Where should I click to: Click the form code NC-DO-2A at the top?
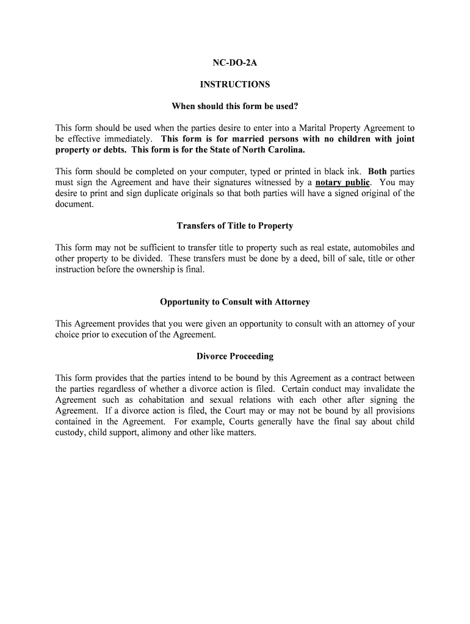235,63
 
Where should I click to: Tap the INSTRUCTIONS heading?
235,85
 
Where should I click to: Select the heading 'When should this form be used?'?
235,107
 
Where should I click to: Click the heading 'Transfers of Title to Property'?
235,226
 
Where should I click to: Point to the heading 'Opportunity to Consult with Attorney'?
235,302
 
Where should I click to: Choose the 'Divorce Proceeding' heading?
235,356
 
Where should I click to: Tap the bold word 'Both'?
377,172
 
